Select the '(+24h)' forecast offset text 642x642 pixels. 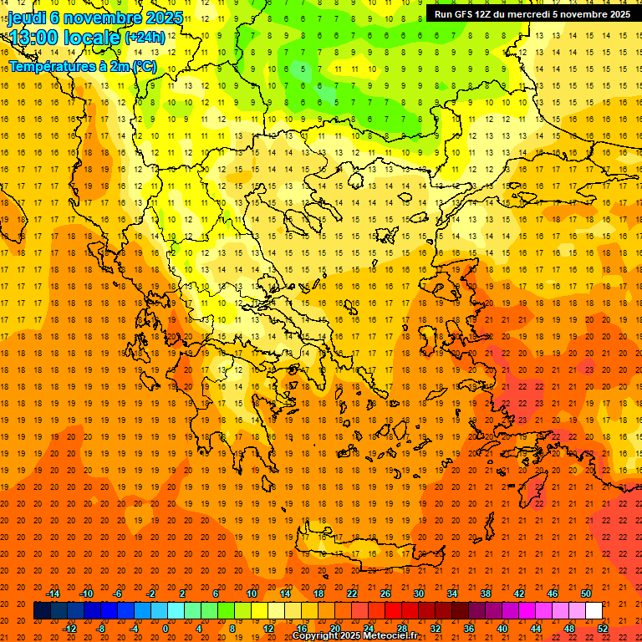(144, 38)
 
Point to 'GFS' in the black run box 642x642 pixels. (464, 14)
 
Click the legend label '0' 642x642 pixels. (165, 629)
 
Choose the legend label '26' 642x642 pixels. (385, 594)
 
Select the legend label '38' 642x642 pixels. (486, 594)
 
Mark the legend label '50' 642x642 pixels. (586, 594)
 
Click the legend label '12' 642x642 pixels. (268, 629)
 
